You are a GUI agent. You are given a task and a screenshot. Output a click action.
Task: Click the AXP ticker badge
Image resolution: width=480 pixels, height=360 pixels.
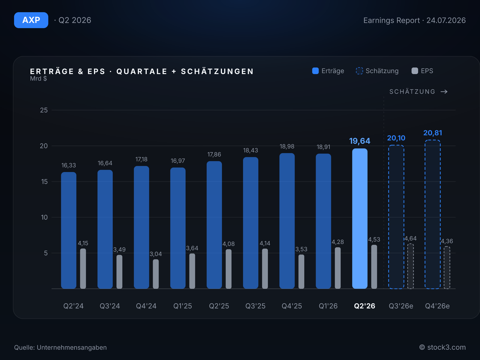31,20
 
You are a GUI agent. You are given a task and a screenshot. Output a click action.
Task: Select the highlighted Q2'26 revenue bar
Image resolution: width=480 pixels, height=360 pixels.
360,219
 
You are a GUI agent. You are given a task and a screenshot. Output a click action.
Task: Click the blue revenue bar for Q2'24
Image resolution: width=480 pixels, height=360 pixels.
69,230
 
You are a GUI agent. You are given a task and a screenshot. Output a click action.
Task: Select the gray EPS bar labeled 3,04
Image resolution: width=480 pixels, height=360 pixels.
156,274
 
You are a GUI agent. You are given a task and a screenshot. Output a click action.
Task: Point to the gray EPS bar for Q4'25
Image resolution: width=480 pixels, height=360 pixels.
301,272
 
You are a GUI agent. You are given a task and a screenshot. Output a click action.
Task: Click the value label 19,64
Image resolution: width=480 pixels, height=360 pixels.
360,141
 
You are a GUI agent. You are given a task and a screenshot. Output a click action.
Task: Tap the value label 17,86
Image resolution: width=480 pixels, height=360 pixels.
214,154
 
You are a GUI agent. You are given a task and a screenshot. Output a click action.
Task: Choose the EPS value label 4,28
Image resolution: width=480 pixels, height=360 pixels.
337,242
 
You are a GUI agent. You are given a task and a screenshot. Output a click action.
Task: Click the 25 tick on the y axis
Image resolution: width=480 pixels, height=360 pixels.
44,110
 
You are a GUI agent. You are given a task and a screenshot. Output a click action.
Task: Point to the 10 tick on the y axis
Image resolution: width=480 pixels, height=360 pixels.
44,217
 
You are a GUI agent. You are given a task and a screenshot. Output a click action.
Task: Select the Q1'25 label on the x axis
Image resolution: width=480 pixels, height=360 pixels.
183,306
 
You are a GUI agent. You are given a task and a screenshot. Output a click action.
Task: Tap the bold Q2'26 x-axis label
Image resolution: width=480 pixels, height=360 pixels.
364,306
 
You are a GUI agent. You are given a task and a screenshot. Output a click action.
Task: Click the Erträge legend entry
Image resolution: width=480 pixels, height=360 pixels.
328,71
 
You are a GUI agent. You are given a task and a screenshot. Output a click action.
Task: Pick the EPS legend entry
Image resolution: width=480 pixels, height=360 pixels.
422,71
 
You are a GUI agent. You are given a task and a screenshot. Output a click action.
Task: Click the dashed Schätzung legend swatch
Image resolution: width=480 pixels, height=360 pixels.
359,71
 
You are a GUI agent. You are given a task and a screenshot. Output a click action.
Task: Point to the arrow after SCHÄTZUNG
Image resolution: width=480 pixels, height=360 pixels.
444,91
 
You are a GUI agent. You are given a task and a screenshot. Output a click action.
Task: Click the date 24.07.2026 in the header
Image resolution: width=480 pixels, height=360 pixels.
446,20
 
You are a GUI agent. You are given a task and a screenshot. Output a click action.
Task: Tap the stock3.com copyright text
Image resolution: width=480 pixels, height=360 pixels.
442,347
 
